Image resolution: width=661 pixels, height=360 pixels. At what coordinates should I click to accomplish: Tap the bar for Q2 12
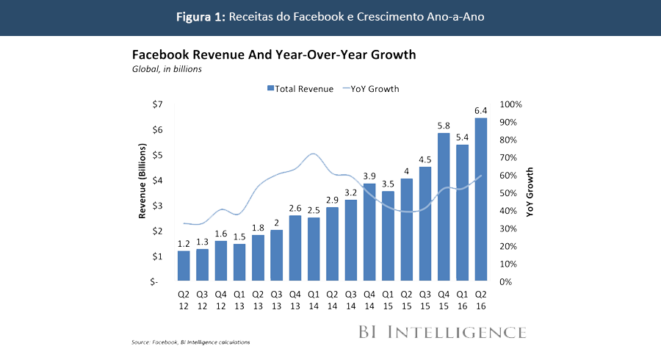tap(184, 266)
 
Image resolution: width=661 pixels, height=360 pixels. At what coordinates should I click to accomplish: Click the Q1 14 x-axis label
tap(314, 300)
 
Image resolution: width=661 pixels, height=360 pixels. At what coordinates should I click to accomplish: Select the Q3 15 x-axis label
tap(425, 300)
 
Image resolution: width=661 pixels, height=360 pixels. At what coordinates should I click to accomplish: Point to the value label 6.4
tap(481, 111)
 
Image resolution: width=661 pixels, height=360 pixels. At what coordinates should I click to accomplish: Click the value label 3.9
tap(369, 176)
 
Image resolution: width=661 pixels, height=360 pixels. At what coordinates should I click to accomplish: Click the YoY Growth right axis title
tap(530, 191)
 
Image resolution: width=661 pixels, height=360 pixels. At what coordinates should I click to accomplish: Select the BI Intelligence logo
tap(442, 331)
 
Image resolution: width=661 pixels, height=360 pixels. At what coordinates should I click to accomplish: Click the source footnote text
tap(191, 342)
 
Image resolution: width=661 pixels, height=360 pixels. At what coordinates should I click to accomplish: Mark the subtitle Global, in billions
tap(167, 69)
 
